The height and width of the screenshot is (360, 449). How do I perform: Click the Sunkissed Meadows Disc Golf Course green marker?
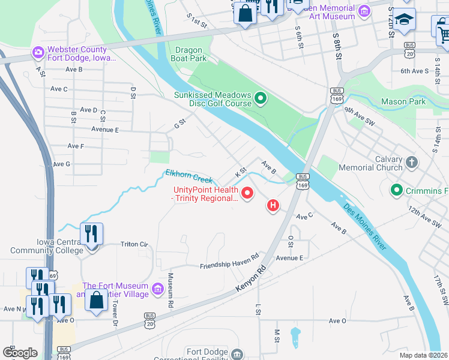(261, 98)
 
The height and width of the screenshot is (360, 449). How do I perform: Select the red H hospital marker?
(273, 206)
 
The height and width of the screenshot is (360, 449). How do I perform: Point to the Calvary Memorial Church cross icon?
(411, 162)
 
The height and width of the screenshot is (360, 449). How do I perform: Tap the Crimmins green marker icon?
(396, 191)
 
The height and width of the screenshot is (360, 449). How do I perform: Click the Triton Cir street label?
(134, 244)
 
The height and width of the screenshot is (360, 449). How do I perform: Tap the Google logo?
(20, 353)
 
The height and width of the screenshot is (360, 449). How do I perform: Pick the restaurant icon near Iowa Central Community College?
(91, 233)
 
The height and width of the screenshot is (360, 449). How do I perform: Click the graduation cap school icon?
(404, 19)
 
